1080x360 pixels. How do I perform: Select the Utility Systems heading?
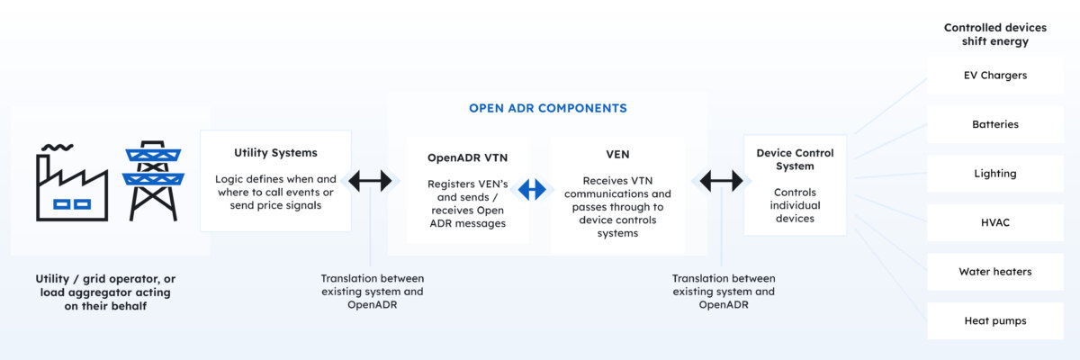(x=275, y=153)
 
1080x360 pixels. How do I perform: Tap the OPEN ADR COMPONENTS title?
(x=547, y=108)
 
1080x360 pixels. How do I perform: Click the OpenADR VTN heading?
(x=467, y=157)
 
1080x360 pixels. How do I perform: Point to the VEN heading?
(x=617, y=154)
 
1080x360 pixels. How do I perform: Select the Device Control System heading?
(x=795, y=159)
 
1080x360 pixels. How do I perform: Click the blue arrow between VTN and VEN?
(x=534, y=189)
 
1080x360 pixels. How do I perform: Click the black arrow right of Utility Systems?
(x=370, y=181)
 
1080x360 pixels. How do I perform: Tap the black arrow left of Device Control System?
(x=721, y=181)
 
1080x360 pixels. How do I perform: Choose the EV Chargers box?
(x=994, y=76)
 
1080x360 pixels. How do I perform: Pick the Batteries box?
(x=994, y=124)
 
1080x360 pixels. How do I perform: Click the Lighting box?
(x=994, y=174)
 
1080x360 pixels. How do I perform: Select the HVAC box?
(x=994, y=222)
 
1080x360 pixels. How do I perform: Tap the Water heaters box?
(x=994, y=271)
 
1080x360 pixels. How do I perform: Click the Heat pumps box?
(x=994, y=320)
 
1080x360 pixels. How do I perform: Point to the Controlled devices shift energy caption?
(x=985, y=34)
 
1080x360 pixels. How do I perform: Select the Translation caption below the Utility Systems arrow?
(x=372, y=292)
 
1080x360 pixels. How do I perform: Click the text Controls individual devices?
(x=795, y=205)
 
